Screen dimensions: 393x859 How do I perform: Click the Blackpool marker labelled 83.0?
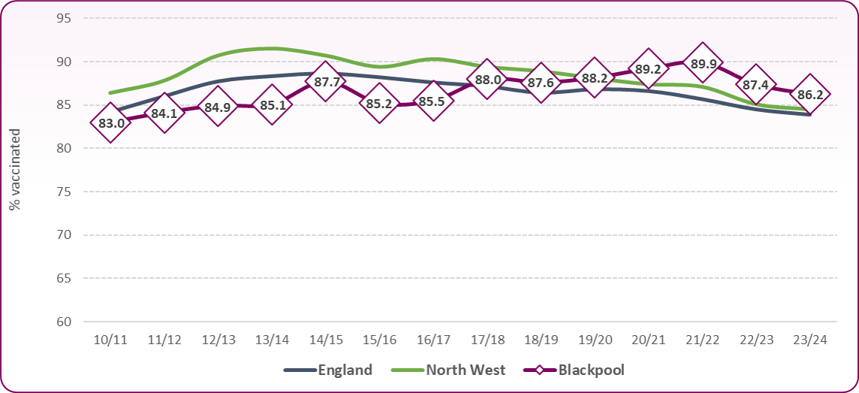click(110, 122)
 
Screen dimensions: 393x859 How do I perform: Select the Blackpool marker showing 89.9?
click(703, 63)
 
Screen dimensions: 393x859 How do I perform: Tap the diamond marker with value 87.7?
click(326, 83)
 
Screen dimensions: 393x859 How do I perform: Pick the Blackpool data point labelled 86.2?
click(810, 95)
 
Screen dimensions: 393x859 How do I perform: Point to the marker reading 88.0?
click(487, 80)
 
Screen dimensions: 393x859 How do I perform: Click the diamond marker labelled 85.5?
click(433, 101)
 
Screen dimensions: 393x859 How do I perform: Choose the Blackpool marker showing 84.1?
click(164, 113)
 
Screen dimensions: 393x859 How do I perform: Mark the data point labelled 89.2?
click(649, 69)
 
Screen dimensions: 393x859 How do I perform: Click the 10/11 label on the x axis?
click(110, 339)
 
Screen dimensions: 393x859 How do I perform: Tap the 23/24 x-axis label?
click(810, 339)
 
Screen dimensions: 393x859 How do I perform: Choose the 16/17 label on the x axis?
click(433, 339)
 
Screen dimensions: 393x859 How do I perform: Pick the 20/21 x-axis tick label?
click(649, 339)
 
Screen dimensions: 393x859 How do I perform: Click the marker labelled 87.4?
click(756, 84)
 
